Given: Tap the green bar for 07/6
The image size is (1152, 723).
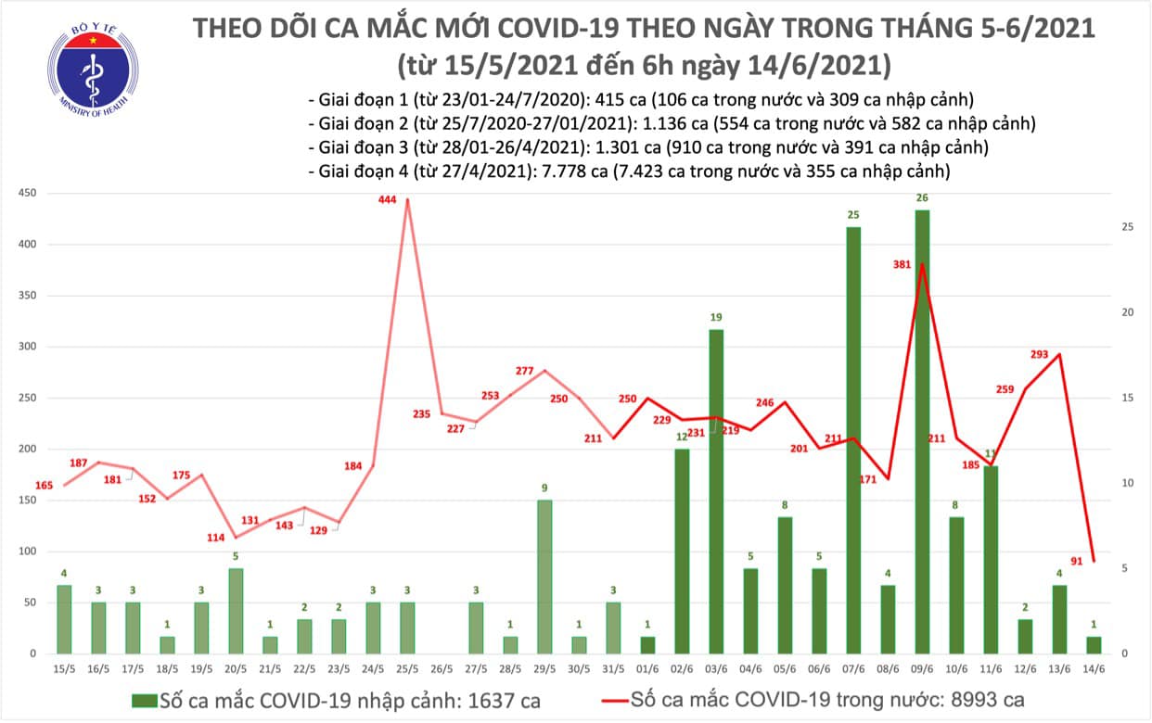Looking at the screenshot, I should (x=852, y=440).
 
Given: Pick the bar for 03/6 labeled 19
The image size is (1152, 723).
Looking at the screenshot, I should (x=715, y=491).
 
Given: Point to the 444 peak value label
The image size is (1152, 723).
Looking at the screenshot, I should (x=388, y=199).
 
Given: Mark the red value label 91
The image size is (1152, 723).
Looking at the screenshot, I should (x=1076, y=559).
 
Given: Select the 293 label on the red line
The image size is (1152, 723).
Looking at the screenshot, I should (x=1038, y=354).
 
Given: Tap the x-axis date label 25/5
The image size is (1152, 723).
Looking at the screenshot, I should (x=407, y=669).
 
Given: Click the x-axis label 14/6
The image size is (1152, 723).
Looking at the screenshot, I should (x=1094, y=669).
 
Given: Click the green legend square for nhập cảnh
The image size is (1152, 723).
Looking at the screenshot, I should (x=143, y=700).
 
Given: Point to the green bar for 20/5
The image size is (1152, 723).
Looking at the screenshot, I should (x=236, y=611).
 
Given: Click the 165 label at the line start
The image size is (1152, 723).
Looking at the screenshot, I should (x=45, y=485).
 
